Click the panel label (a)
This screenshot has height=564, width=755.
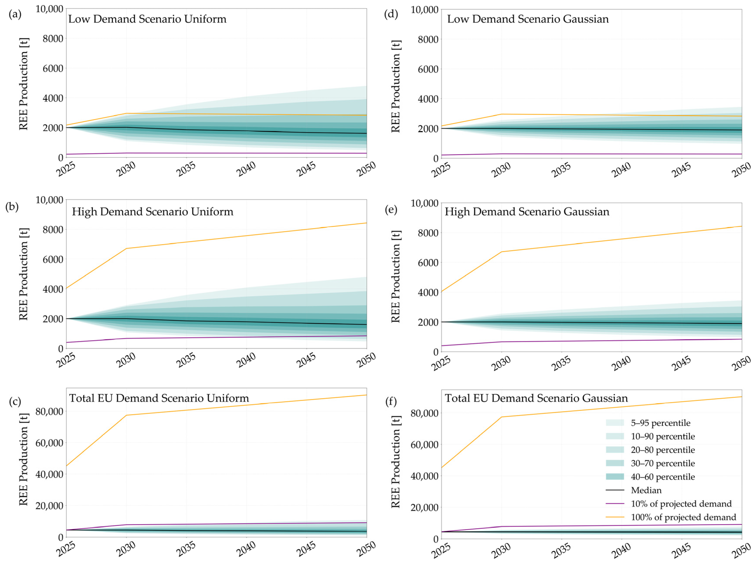point(15,14)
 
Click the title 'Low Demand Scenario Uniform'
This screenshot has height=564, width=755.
point(147,19)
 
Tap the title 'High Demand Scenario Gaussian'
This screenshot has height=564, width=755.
point(527,212)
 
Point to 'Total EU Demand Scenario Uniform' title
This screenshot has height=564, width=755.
point(159,398)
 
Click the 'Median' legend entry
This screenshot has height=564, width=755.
point(646,490)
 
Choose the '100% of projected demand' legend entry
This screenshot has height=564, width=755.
point(683,517)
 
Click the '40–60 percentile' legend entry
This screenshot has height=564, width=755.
point(662,477)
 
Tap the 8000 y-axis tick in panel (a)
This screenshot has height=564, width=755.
point(53,39)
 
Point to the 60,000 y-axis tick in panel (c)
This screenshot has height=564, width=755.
point(49,443)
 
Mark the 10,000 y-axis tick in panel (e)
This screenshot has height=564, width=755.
point(424,203)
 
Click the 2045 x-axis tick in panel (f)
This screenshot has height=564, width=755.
point(681,550)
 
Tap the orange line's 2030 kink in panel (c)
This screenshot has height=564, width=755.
point(126,415)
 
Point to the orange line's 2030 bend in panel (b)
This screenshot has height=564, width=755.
point(126,248)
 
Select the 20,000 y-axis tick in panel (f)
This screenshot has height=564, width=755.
point(424,507)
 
